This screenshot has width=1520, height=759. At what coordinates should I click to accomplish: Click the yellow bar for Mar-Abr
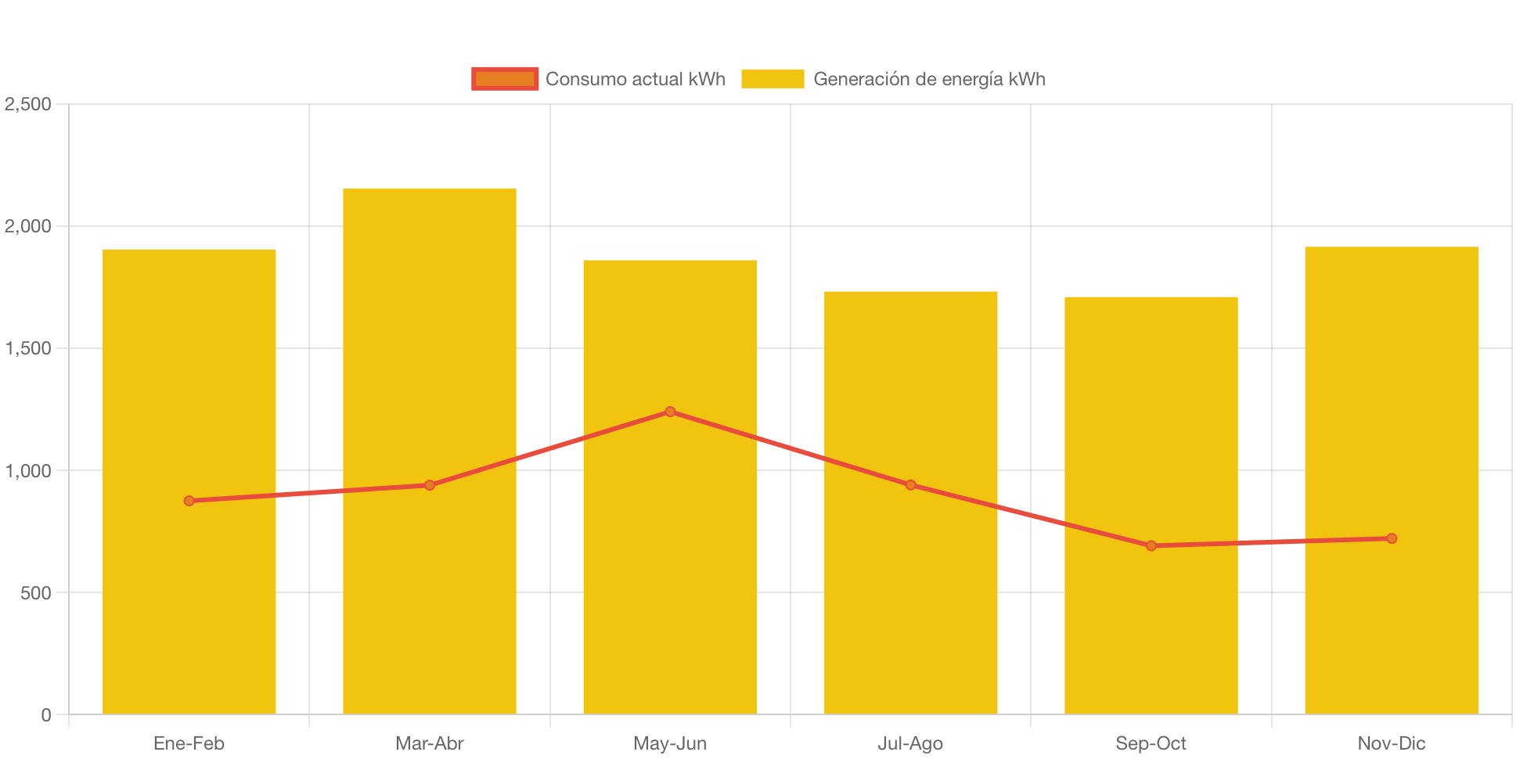429,595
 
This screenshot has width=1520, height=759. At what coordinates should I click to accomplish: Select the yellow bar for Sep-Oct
1151,626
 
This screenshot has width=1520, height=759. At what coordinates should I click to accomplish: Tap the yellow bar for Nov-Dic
1391,626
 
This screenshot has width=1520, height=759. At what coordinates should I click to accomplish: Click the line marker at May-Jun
670,412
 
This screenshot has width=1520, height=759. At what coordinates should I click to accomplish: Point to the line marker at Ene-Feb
189,501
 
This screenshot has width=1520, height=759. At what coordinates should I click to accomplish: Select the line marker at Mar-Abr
430,485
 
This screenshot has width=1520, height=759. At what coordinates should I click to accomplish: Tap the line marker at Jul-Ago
910,485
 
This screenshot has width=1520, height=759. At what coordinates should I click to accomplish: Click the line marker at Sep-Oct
1151,545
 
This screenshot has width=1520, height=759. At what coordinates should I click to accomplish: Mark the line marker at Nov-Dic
1391,538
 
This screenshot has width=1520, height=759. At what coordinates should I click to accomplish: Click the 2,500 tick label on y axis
28,104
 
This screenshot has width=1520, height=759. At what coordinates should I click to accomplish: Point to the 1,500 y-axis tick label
28,348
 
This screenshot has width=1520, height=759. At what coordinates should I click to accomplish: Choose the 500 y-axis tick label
36,593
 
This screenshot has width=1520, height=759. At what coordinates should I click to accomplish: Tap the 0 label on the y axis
46,715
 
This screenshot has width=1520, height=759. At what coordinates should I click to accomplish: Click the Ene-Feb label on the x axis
189,743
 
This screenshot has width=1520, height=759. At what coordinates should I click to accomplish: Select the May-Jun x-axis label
670,743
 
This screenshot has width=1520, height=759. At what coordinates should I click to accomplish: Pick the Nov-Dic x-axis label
1391,743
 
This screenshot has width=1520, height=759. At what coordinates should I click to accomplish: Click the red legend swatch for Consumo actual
505,79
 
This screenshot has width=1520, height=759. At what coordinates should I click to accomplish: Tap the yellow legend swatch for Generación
773,79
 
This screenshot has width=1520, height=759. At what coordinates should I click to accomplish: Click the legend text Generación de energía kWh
929,79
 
